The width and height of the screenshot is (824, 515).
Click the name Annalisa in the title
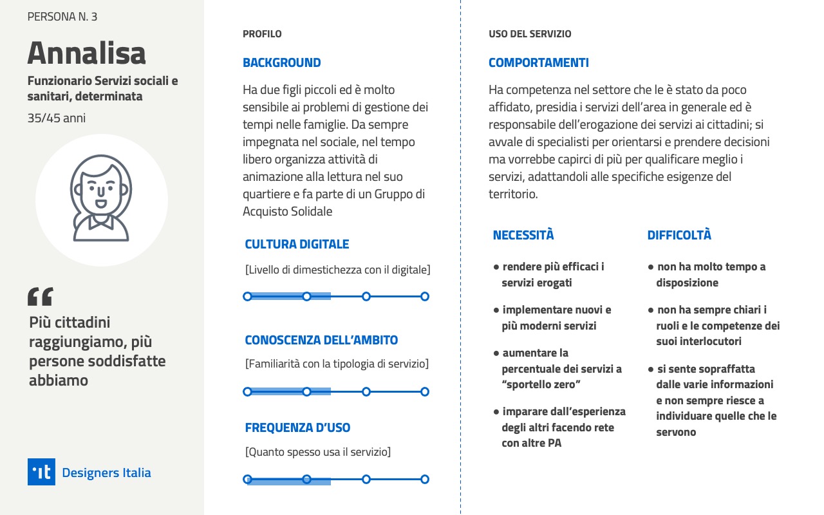pos(86,53)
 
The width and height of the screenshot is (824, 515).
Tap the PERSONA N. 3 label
pos(62,17)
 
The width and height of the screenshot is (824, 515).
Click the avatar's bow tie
pos(100,221)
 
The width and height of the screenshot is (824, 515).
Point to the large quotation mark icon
pos(40,296)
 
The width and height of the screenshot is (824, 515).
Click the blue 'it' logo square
pos(41,472)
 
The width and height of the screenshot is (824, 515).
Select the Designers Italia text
pos(106,473)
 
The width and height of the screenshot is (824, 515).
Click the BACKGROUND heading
pos(281,62)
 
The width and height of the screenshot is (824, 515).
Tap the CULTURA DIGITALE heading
pos(297,244)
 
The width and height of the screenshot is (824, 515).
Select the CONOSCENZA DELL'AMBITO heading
pos(321,340)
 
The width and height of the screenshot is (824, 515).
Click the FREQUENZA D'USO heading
pos(297,427)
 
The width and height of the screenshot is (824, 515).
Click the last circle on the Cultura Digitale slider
pos(425,296)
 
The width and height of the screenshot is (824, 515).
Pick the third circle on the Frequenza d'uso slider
pos(366,479)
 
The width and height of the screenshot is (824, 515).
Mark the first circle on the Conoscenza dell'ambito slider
pos(247,391)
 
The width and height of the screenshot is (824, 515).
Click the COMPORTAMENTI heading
pos(538,62)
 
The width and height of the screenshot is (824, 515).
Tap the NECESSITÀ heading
pos(523,235)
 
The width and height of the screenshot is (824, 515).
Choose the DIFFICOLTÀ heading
pos(679,235)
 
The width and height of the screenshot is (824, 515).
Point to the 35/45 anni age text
pos(57,118)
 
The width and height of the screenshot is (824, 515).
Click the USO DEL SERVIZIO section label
pos(530,34)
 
